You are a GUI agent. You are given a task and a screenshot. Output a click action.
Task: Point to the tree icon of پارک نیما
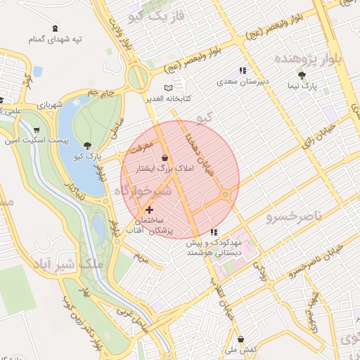point(302,75)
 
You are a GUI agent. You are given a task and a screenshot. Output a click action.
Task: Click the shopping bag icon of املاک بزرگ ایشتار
point(165,157)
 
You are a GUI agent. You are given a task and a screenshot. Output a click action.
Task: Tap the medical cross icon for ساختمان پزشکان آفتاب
point(149,210)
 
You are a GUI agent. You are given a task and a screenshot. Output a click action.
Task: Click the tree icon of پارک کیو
point(86,144)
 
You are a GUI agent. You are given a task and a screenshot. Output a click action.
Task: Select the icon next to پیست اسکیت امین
point(36,130)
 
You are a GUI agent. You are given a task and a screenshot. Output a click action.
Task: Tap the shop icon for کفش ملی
point(240,338)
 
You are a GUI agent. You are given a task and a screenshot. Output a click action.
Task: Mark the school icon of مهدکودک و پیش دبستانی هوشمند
point(214,231)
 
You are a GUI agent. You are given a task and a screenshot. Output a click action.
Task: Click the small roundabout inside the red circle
point(226,194)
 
